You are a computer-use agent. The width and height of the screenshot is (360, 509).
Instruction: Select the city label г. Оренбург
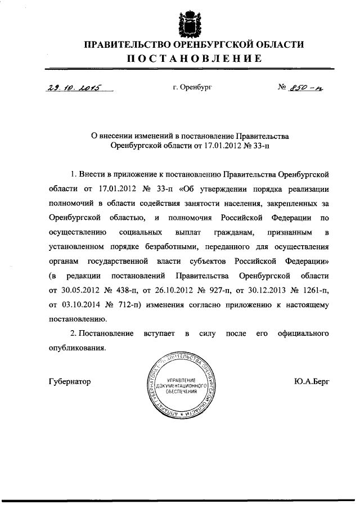(192, 88)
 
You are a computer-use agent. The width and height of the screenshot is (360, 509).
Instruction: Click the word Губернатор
(70, 381)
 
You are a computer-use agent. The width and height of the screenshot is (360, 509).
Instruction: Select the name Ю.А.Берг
(311, 381)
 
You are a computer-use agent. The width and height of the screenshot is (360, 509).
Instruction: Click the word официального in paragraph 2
(303, 334)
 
